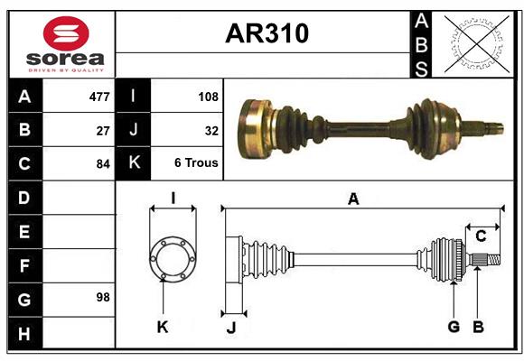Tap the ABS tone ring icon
[475, 44]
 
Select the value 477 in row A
[99, 97]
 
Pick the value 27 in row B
[103, 130]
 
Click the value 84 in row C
[103, 164]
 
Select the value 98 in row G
[103, 297]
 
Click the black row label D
[24, 197]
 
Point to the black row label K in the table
[134, 163]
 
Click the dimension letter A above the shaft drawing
[353, 199]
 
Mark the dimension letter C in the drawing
[481, 236]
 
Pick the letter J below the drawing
[230, 328]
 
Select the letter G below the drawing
[454, 327]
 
